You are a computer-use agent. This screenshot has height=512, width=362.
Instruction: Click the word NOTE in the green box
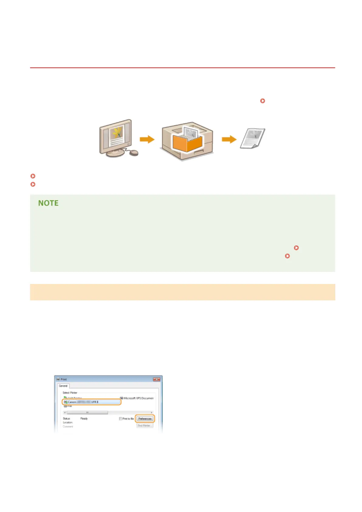click(x=48, y=203)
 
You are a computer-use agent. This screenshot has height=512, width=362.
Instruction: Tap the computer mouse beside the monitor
click(x=134, y=153)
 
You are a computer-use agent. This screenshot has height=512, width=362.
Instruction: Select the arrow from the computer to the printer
click(x=147, y=140)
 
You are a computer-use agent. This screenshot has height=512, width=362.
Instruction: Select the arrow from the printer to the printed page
click(x=229, y=140)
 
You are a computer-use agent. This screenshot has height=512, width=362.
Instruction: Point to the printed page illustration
click(x=252, y=138)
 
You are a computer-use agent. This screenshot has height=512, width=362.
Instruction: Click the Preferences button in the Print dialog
click(x=145, y=419)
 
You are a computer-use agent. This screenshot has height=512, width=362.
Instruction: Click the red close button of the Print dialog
click(x=156, y=379)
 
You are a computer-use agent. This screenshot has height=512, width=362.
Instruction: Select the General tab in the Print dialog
click(x=63, y=386)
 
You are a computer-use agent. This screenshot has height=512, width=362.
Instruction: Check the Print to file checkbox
click(x=121, y=419)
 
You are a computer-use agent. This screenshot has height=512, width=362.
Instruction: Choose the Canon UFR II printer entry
click(x=91, y=402)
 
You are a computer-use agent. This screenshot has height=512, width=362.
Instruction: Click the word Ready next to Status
click(x=84, y=419)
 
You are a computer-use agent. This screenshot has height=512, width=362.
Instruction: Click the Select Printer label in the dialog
click(x=70, y=393)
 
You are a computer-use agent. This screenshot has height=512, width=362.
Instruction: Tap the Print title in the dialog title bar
click(x=64, y=379)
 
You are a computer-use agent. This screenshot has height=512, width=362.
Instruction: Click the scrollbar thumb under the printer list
click(x=87, y=413)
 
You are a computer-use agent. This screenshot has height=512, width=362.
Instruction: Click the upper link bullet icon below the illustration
click(x=33, y=176)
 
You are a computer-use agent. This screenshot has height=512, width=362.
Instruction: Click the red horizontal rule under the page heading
click(x=182, y=68)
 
